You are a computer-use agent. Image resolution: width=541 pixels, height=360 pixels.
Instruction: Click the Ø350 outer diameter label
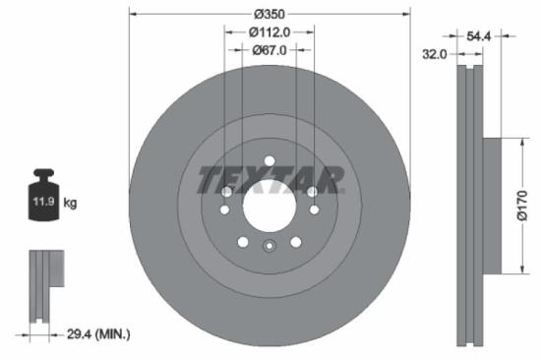pos(269,16)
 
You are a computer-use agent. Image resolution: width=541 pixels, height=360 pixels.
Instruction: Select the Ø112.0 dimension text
pos(269,32)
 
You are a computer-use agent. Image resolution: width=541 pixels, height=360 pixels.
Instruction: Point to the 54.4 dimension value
pos(479,35)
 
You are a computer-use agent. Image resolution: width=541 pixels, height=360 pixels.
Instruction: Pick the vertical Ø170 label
pos(522,206)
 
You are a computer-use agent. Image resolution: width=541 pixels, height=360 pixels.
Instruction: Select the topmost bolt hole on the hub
pos(269,161)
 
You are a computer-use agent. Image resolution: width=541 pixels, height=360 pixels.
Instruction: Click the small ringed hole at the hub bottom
pos(269,247)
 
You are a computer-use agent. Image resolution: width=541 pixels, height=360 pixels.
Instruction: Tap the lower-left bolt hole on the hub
pos(242,240)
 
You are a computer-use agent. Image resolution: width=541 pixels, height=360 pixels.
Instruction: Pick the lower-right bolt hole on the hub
pos(295,240)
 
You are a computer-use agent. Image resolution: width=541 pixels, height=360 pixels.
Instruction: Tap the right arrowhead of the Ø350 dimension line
pos(405,16)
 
